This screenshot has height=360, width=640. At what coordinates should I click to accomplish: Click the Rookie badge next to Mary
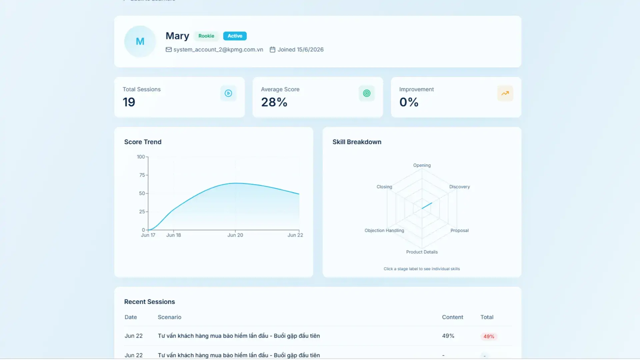[x=206, y=36]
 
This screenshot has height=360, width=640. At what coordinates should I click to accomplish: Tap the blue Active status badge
[x=235, y=36]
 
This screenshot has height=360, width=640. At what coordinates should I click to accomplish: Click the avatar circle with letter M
[x=140, y=41]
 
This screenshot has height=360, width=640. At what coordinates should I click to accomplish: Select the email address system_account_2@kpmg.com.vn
[x=218, y=50]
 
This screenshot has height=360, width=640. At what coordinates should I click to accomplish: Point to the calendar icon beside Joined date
[x=272, y=50]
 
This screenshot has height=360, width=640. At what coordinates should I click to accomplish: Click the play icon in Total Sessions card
[x=228, y=93]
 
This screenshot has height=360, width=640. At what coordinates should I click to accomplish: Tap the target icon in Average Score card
[x=367, y=93]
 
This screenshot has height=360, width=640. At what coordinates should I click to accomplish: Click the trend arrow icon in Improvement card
[x=505, y=93]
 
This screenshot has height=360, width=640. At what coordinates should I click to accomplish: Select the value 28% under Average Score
[x=274, y=102]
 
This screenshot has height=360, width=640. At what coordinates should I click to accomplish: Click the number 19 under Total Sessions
[x=129, y=102]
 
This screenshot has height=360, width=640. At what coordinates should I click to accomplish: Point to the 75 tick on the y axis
[x=142, y=175]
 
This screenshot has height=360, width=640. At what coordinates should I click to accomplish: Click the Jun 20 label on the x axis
[x=235, y=235]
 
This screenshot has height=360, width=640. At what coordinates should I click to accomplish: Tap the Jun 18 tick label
[x=174, y=235]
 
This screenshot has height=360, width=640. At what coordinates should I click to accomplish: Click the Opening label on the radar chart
[x=422, y=165]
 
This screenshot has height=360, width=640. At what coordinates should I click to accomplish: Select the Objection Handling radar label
[x=384, y=230]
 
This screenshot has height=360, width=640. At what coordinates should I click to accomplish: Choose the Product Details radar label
[x=422, y=252]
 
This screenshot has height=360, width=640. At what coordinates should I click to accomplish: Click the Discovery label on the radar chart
[x=460, y=187]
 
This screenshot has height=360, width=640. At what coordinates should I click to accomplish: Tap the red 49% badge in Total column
[x=489, y=336]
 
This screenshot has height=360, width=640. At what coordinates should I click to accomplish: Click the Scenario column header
[x=170, y=317]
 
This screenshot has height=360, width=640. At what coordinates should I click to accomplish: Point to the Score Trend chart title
[x=143, y=142]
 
